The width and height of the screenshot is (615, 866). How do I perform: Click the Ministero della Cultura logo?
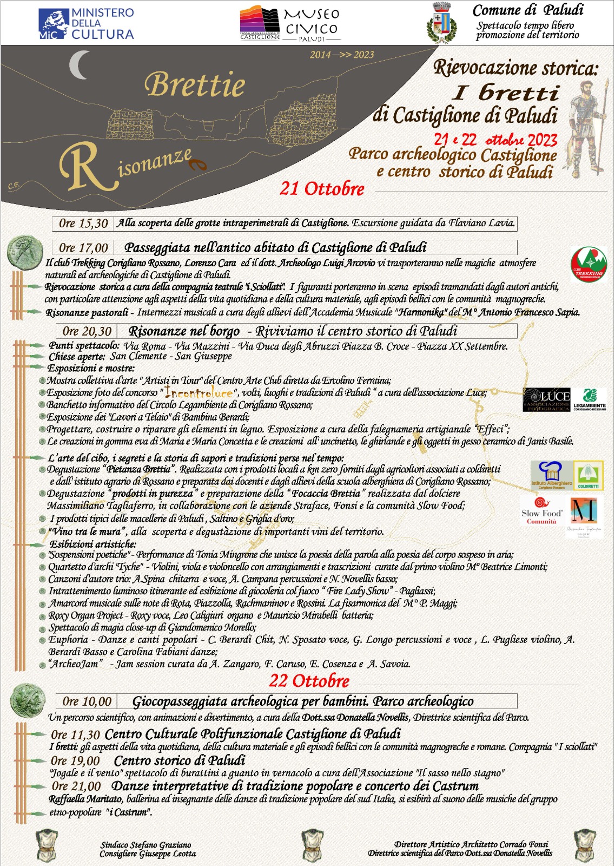point(86,24)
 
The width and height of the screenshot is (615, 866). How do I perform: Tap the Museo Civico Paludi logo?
point(290,24)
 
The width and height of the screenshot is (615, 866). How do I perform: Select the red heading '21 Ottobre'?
point(322,189)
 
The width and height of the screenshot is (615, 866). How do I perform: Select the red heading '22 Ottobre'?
point(309,681)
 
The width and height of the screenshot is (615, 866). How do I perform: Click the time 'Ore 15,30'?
point(83,223)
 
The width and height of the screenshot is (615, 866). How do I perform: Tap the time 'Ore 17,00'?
point(83,248)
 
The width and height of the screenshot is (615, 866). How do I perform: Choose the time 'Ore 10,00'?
point(87,701)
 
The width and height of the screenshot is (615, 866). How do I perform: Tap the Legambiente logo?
point(589,399)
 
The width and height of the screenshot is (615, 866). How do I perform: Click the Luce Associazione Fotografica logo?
point(546,399)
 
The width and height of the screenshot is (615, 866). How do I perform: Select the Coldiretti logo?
point(588,476)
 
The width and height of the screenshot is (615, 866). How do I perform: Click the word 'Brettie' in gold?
point(195,86)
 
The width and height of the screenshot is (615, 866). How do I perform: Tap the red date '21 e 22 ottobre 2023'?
point(495,140)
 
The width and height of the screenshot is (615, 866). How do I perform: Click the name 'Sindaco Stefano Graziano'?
point(146,844)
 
